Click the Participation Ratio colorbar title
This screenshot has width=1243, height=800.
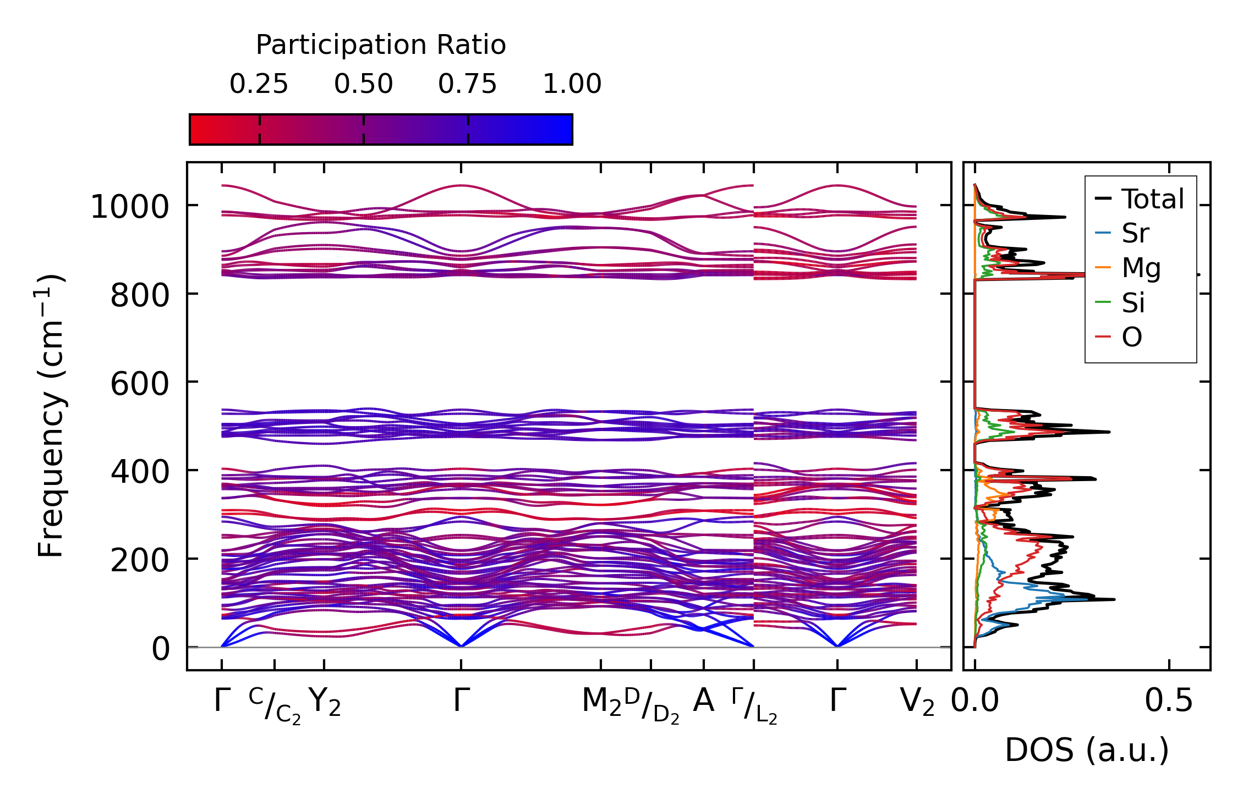coord(381,45)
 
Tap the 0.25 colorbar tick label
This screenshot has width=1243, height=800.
coord(259,84)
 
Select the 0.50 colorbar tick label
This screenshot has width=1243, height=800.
coord(363,84)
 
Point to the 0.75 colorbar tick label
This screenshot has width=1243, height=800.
coord(468,84)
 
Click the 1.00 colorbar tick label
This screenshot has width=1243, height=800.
coord(572,84)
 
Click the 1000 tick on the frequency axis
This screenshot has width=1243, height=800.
coord(129,207)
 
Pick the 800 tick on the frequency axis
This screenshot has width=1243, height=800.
coord(139,296)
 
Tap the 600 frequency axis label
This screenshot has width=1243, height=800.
coord(139,384)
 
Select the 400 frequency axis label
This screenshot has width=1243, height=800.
coord(139,472)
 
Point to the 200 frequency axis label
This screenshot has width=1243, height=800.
coord(139,560)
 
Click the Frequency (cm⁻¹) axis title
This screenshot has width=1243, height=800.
coord(51,416)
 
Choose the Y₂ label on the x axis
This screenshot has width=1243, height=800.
coord(325,702)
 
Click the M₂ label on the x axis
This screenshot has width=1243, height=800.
coord(601,702)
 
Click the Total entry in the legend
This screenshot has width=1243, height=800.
coord(1153,198)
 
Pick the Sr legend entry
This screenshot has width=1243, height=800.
coord(1135,233)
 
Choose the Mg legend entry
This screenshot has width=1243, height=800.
coord(1141,268)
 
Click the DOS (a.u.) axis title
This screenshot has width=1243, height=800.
coord(1087,751)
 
